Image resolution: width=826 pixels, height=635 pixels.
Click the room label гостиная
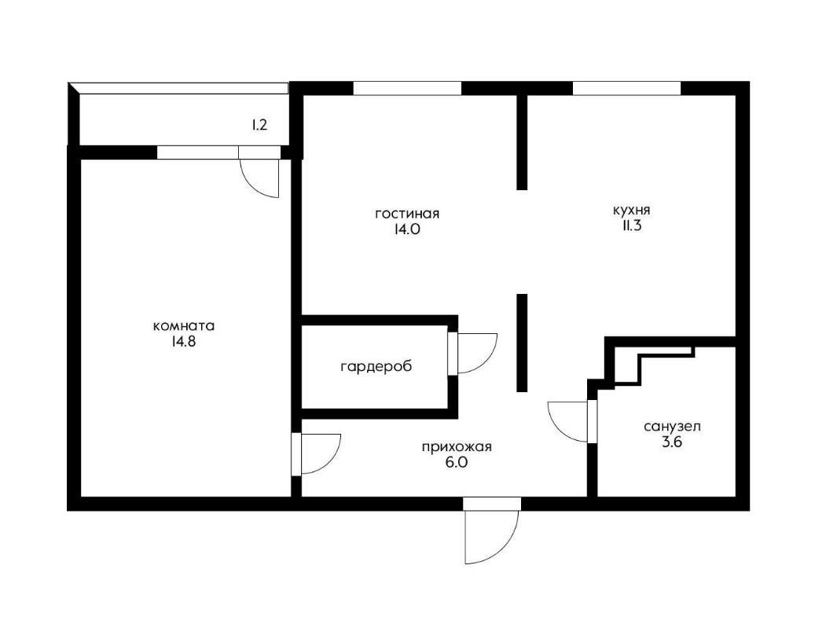[407, 214]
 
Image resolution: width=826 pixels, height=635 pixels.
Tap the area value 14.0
[406, 229]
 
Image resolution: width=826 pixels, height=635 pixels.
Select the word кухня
[631, 211]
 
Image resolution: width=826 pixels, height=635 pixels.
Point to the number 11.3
[632, 226]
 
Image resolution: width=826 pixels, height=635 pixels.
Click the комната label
[184, 325]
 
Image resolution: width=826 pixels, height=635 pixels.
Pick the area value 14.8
[183, 342]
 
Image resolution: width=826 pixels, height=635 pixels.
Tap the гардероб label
[376, 366]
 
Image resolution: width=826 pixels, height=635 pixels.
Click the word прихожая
[456, 447]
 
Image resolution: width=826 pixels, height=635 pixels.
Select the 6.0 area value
[456, 463]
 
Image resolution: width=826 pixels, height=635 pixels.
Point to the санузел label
[672, 426]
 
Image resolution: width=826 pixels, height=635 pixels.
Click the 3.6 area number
[672, 442]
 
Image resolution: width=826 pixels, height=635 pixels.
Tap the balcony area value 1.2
[259, 125]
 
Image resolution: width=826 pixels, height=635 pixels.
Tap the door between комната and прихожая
[317, 454]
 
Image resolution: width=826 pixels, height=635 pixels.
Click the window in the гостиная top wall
[407, 88]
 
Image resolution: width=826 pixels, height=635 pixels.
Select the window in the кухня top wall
[627, 88]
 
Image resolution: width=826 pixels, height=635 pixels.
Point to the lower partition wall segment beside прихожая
[522, 343]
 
